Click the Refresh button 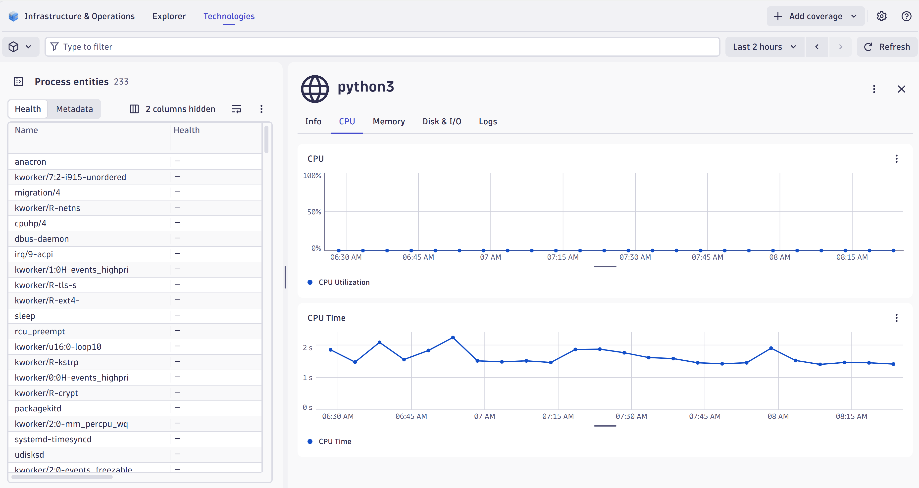point(887,47)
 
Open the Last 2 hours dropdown point(764,47)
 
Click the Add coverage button point(815,16)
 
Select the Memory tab point(389,122)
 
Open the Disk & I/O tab point(442,122)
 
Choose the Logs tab point(488,122)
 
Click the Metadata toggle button point(74,109)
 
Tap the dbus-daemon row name point(42,239)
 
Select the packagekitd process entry point(38,408)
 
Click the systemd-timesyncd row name point(53,439)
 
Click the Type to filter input point(382,47)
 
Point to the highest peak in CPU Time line point(453,338)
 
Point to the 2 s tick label point(307,347)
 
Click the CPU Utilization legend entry point(344,282)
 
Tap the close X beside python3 point(901,89)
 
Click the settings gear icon point(881,16)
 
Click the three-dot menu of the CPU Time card point(896,318)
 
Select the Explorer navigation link point(169,16)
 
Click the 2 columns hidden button point(173,109)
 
